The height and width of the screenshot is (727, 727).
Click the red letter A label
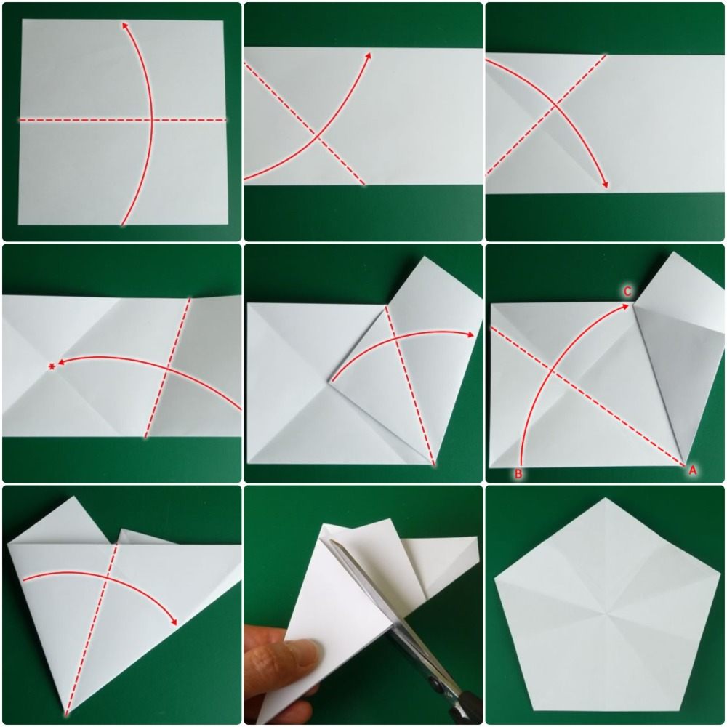[x=692, y=471]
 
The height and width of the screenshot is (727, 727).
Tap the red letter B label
[x=518, y=474]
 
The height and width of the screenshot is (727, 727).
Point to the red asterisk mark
[x=52, y=366]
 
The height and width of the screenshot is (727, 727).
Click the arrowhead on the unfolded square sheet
[x=125, y=25]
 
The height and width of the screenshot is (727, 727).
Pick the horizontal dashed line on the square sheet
[x=73, y=119]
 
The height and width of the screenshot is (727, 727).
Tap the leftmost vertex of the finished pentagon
[x=494, y=579]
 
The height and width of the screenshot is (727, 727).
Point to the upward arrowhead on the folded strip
[x=369, y=55]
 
